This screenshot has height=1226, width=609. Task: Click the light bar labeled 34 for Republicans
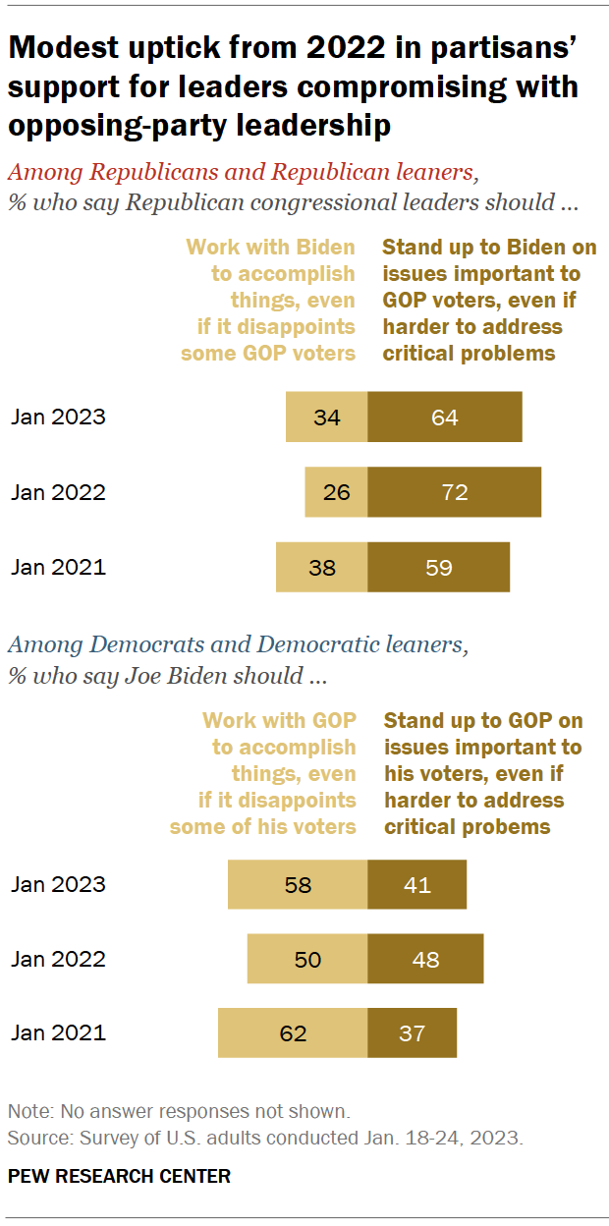point(326,418)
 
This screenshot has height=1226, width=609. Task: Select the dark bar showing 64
point(445,418)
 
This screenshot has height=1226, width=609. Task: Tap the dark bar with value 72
point(455,492)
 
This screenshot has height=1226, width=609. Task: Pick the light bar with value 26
point(336,492)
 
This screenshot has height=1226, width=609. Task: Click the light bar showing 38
point(321,567)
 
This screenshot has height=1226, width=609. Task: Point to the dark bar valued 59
point(439,567)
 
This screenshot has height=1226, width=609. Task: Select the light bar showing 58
point(298,884)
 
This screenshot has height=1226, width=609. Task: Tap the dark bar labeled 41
point(417,884)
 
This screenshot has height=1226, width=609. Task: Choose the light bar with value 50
point(307,959)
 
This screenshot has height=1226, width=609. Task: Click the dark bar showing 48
point(425,959)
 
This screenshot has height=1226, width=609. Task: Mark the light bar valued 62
point(293,1033)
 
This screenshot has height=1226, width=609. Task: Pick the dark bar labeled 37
point(413,1033)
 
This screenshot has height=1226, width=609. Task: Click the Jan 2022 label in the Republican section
point(58,492)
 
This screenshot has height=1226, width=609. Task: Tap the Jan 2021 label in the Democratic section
point(58,1033)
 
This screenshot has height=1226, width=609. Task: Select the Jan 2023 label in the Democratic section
point(58,884)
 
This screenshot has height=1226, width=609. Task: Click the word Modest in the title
point(57,48)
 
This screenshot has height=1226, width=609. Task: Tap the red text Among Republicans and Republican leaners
point(242,173)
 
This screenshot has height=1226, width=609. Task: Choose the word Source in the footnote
point(34,1139)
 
